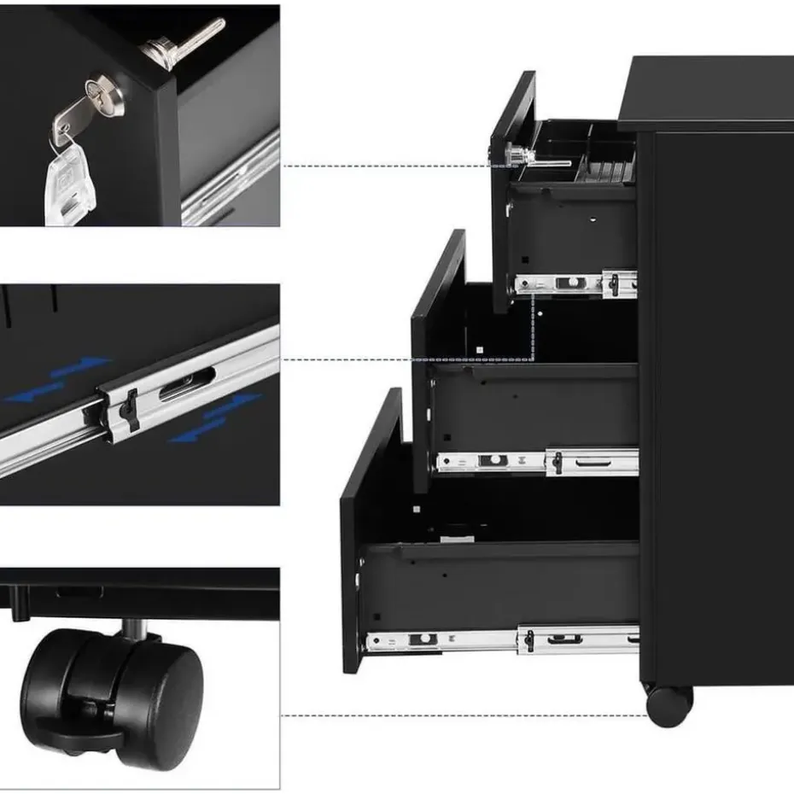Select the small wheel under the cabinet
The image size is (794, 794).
tap(668, 705)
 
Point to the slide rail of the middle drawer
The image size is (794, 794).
tap(538, 463)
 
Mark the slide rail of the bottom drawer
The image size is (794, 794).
tap(504, 640)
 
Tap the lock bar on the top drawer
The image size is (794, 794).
tap(538, 160)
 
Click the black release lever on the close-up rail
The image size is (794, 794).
tap(130, 410)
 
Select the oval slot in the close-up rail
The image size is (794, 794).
tap(187, 384)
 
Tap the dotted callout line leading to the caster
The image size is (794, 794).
tap(461, 716)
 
